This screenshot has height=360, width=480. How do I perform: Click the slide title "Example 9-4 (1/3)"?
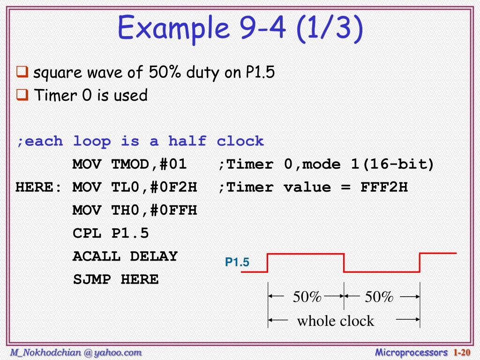coord(240,28)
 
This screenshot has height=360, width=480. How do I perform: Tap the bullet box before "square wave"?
coord(22,72)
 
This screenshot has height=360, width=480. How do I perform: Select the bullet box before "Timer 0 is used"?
coord(22,95)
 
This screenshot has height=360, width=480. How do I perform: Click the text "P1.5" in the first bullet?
coord(260,73)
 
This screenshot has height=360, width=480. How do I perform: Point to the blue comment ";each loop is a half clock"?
coord(140,141)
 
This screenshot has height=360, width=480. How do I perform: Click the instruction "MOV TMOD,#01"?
coord(129,164)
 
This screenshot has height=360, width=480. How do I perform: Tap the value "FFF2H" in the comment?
coord(384,187)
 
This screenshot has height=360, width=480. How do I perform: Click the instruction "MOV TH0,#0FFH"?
coord(135,210)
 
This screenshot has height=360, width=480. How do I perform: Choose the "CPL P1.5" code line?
coord(110,233)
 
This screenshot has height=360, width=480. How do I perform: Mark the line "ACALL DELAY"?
coord(125,256)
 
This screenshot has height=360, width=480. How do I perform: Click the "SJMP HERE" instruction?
coord(115,280)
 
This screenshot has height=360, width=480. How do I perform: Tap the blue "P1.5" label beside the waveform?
coord(237,263)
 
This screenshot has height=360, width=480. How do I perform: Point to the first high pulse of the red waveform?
coord(306,254)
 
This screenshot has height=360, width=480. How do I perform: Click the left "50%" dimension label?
coord(307,297)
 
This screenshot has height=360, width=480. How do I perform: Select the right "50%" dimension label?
coord(379,297)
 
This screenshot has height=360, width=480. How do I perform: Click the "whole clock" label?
coord(336,321)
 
